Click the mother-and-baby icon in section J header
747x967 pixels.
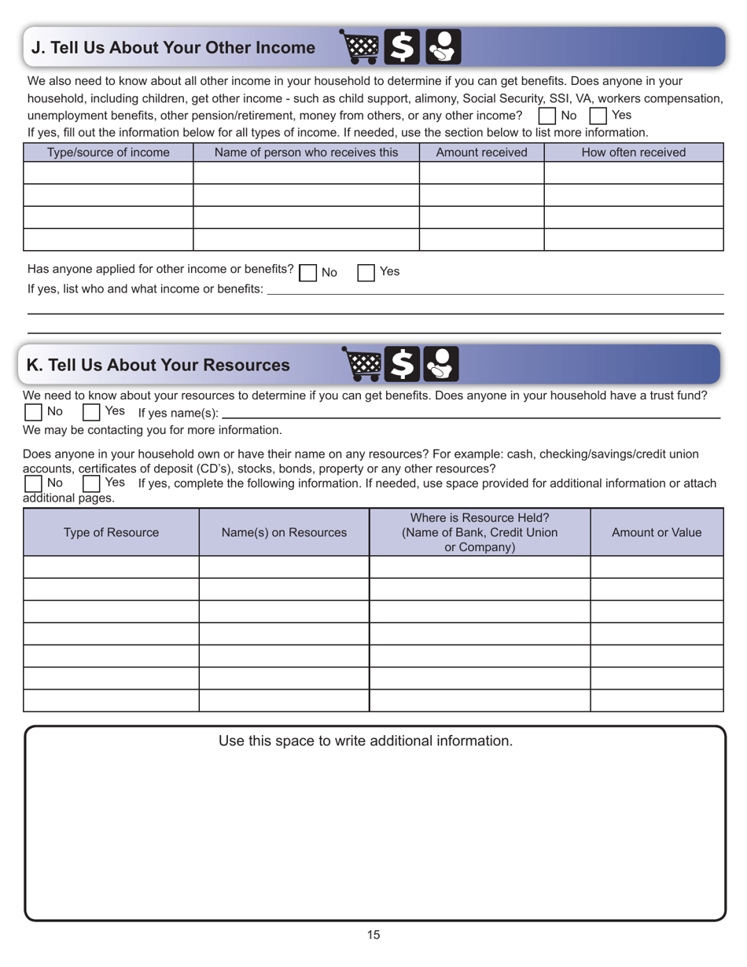pyautogui.click(x=443, y=47)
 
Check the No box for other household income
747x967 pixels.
pyautogui.click(x=546, y=116)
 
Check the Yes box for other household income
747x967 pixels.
pyautogui.click(x=598, y=116)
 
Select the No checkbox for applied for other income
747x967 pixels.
pyautogui.click(x=307, y=273)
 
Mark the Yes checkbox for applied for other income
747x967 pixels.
pyautogui.click(x=366, y=273)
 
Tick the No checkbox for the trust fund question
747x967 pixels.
pyautogui.click(x=33, y=412)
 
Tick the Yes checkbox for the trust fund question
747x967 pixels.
pyautogui.click(x=91, y=412)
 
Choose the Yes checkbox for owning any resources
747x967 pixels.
pyautogui.click(x=91, y=483)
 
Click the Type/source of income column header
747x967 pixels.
pyautogui.click(x=109, y=153)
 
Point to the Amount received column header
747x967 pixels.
pyautogui.click(x=481, y=153)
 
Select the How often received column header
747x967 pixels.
pyautogui.click(x=633, y=153)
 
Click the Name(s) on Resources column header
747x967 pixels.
pyautogui.click(x=284, y=532)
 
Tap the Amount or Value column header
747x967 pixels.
pyautogui.click(x=657, y=532)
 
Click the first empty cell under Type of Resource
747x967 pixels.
pyautogui.click(x=111, y=567)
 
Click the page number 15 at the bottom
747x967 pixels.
pyautogui.click(x=373, y=935)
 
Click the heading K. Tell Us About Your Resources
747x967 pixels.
pyautogui.click(x=158, y=365)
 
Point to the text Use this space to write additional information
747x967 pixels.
pyautogui.click(x=366, y=741)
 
